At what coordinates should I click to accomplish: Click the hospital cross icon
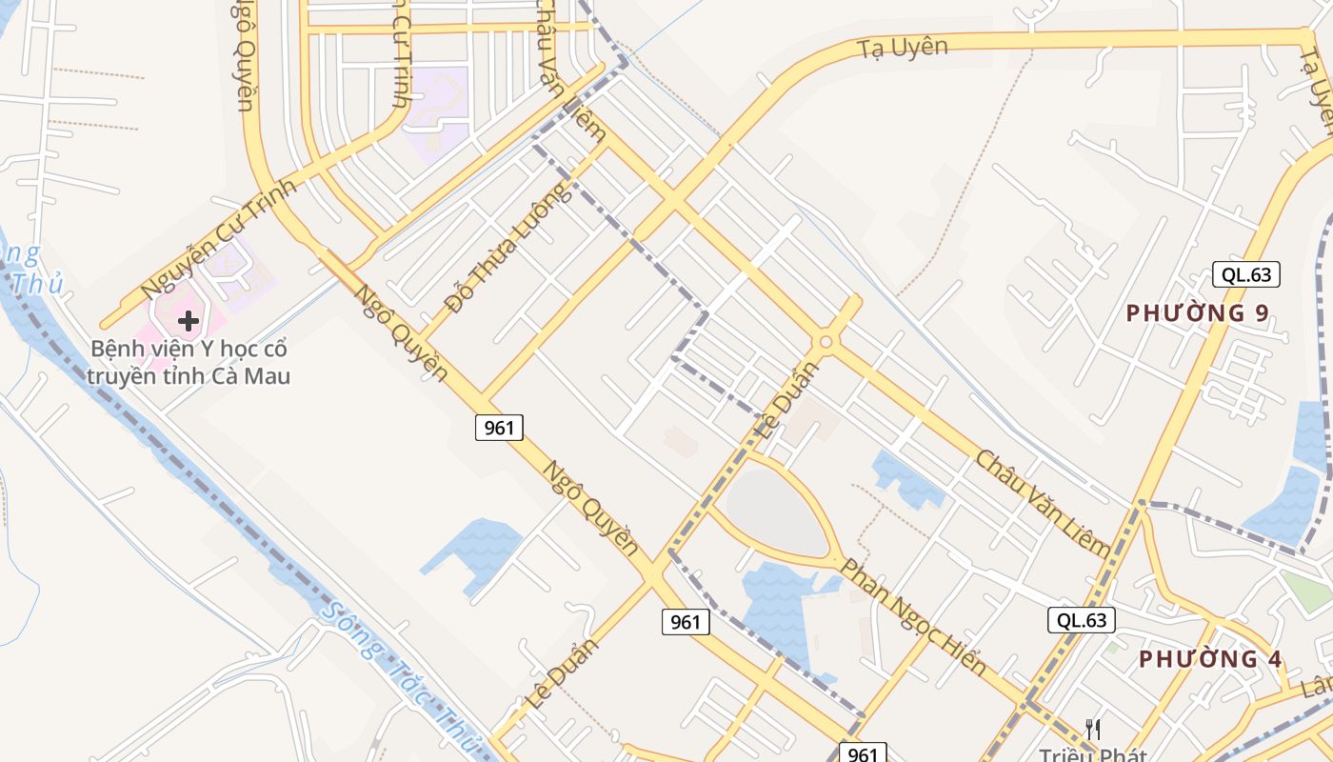[x=189, y=321]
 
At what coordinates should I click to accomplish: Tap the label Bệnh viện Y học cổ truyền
[x=189, y=362]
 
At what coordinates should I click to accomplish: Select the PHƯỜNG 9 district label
[x=1198, y=313]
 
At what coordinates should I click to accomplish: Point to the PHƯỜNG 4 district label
[x=1210, y=659]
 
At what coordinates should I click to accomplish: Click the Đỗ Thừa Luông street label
[x=508, y=249]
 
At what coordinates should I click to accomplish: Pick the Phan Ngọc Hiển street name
[x=912, y=616]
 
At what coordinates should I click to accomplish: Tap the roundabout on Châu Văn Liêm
[x=826, y=342]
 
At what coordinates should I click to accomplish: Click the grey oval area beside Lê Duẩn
[x=775, y=511]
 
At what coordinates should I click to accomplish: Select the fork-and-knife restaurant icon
[x=1093, y=730]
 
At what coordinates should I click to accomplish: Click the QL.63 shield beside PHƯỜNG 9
[x=1246, y=274]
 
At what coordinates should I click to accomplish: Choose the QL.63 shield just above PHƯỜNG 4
[x=1082, y=620]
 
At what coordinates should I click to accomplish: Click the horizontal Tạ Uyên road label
[x=902, y=47]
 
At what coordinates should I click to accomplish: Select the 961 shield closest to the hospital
[x=499, y=428]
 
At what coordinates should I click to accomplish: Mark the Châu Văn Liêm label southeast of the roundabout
[x=1042, y=502]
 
